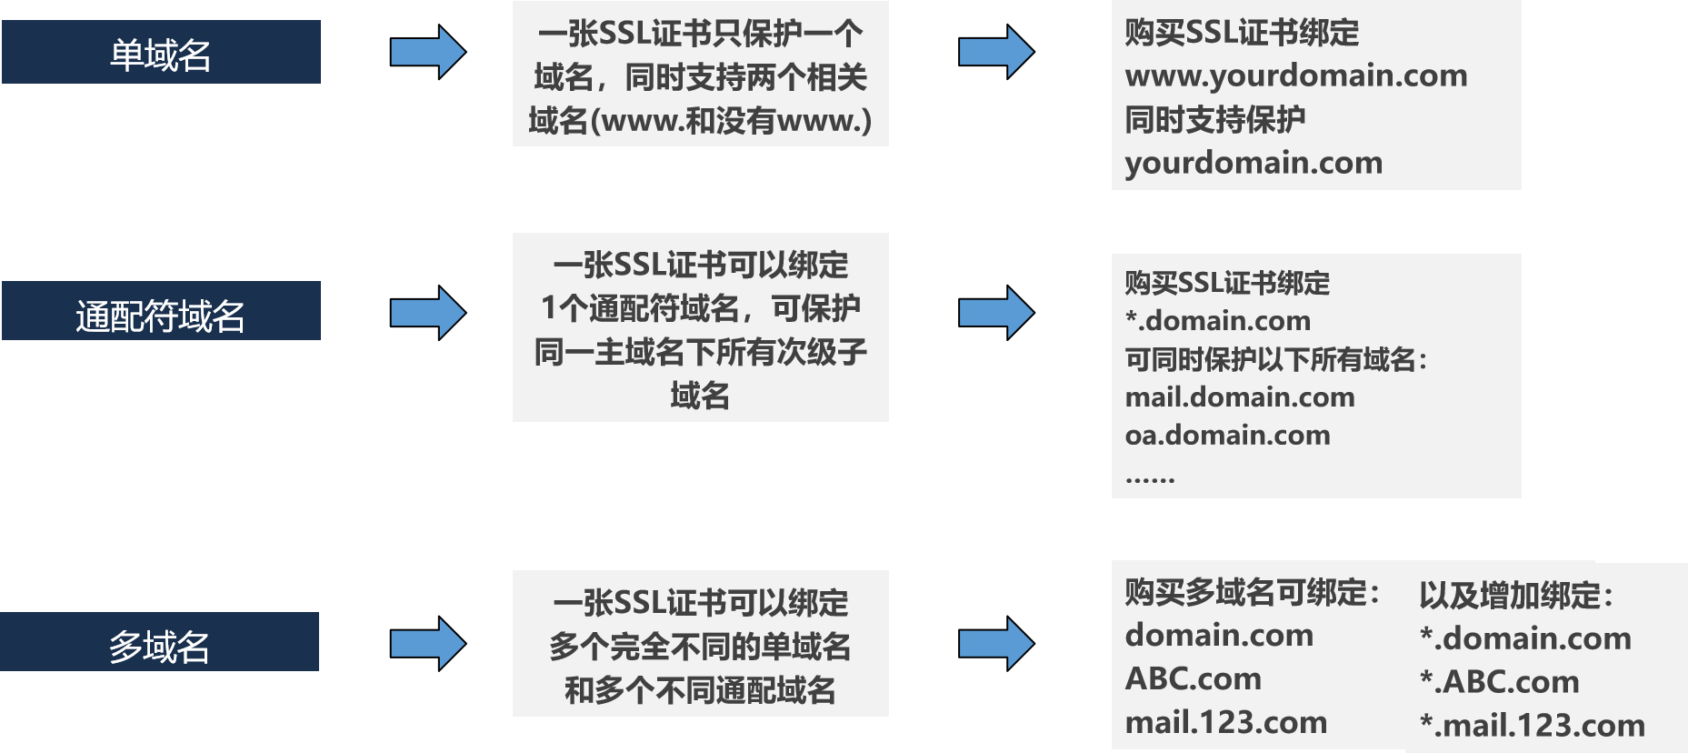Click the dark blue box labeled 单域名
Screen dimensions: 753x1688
161,53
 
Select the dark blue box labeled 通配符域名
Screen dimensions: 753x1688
161,311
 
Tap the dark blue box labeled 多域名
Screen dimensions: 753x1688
160,642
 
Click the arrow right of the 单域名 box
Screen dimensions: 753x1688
428,52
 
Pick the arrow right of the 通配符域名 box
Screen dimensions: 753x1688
428,313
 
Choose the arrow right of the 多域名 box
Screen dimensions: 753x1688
428,644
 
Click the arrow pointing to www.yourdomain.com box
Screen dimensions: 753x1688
996,52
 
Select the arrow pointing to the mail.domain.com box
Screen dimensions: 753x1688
996,313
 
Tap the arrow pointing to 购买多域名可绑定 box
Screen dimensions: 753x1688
996,644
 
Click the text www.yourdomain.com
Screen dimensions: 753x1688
1296,75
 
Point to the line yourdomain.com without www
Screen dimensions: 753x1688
1254,163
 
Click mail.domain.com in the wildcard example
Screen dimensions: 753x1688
1240,397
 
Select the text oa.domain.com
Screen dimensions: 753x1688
1227,436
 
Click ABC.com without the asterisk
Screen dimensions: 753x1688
1193,678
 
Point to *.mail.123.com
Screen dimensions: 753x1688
1533,726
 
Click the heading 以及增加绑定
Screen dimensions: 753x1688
1516,596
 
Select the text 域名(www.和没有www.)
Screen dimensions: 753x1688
700,120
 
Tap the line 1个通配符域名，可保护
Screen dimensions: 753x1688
700,308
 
